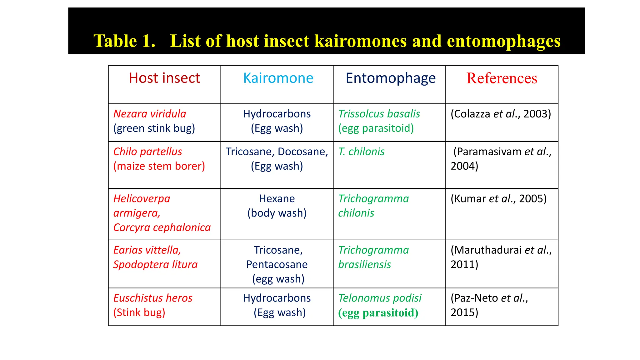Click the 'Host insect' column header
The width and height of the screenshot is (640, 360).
point(164,78)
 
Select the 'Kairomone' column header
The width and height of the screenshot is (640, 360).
point(278,78)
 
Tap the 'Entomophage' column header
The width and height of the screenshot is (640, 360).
point(390,78)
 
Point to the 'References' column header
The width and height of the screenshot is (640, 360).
point(502,78)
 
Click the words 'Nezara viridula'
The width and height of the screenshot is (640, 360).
point(150,114)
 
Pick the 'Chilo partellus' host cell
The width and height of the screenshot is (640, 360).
point(147,152)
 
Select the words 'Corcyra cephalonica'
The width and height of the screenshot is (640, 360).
point(162,227)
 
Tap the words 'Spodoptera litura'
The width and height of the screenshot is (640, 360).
point(155,265)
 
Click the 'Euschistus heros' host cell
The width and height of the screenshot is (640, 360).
point(153,298)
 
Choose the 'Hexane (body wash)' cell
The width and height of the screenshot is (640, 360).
point(277,206)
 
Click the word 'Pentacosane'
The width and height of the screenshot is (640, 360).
point(277,265)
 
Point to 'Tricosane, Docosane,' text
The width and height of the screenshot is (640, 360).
point(277,152)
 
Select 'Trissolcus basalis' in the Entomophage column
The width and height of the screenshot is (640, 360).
point(379,114)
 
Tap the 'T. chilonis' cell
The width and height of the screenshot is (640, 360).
point(361,152)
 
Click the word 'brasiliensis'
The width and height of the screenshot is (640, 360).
point(364,265)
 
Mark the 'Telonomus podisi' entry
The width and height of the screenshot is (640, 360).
point(380,298)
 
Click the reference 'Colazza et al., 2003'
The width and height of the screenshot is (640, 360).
point(501,114)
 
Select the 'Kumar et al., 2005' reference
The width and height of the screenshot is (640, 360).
point(498,199)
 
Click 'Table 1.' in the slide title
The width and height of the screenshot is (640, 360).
point(124,41)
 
